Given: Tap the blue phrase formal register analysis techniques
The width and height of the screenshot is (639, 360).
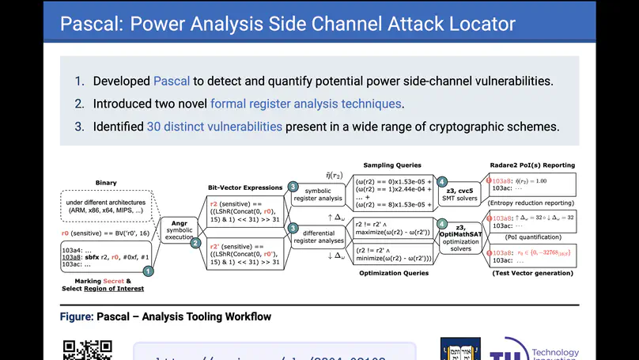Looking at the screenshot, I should point(306,104).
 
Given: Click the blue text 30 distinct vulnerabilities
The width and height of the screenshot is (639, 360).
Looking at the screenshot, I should point(214,127).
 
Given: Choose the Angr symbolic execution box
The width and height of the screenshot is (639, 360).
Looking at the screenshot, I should point(179,229).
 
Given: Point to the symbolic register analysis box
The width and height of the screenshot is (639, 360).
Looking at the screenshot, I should point(319,194).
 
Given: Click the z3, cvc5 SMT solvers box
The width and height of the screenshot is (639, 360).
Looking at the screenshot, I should point(465,194).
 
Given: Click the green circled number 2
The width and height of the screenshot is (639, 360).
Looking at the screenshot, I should point(195,243).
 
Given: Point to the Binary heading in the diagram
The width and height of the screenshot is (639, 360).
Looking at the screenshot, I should point(105,183).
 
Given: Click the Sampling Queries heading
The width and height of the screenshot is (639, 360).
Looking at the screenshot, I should point(391,165).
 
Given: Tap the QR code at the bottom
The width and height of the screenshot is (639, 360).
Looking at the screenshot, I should point(87,351).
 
